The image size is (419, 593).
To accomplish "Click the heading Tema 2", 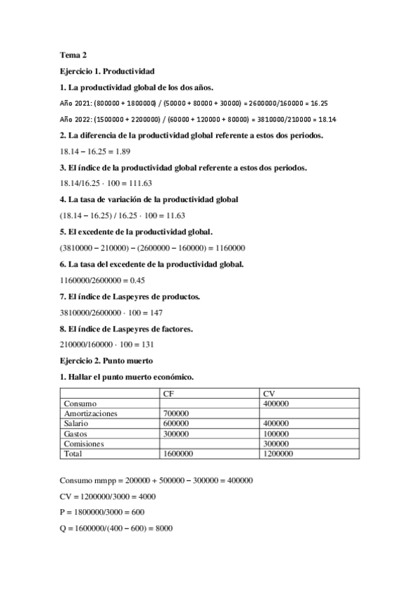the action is click(x=73, y=54).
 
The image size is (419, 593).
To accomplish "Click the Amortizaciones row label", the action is click(x=92, y=413).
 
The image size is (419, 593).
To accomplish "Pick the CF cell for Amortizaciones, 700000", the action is click(x=176, y=413).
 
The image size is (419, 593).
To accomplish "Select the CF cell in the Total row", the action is click(x=178, y=453).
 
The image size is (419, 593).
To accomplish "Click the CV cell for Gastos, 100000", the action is click(x=275, y=434).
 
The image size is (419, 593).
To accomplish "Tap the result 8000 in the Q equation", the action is click(x=163, y=529).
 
